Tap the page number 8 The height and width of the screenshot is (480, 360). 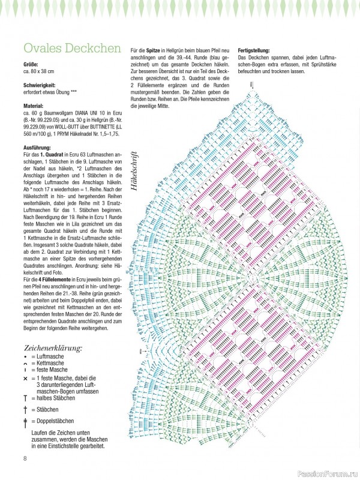[x=25, y=460]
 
